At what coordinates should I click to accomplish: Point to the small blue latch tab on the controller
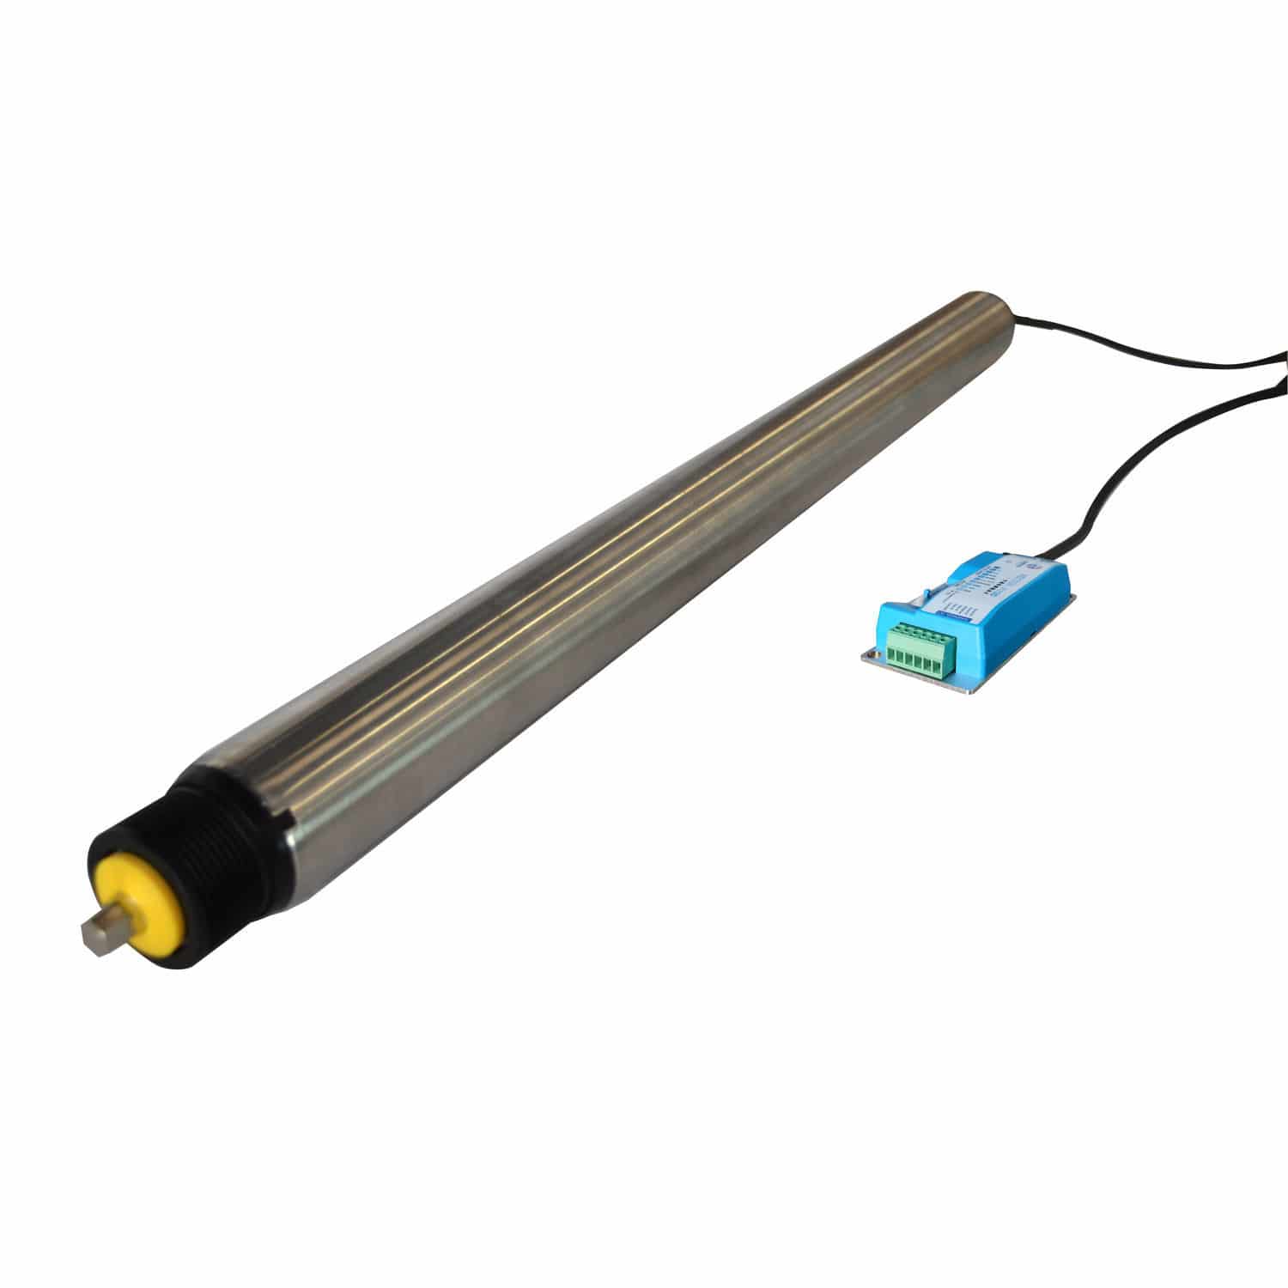928,592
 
